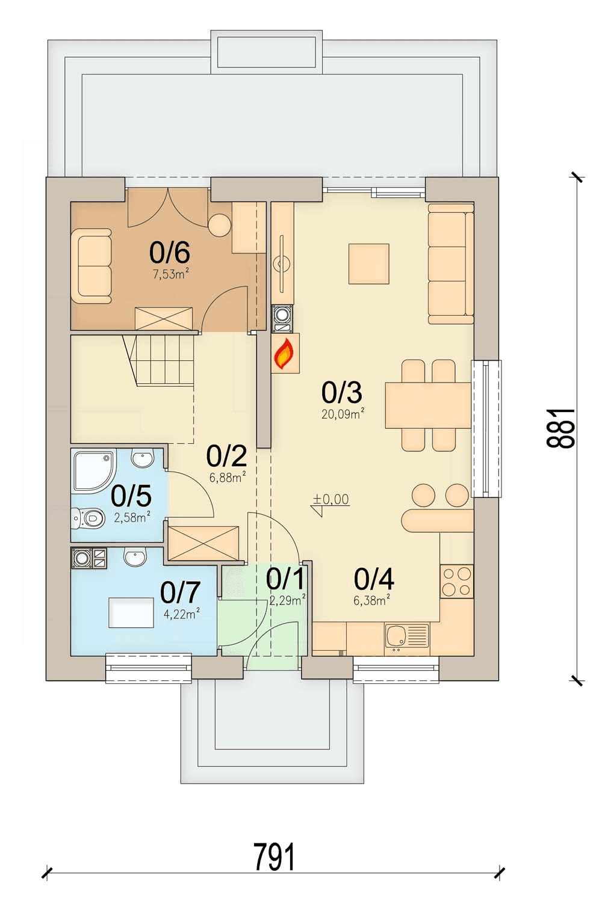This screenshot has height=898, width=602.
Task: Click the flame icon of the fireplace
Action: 284,353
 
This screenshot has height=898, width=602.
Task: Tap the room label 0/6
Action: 170,252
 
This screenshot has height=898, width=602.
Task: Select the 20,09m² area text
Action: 343,414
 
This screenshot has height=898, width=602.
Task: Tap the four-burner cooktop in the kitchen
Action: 457,581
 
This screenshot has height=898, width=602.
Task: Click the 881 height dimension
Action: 560,428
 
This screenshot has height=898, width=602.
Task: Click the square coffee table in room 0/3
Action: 369,264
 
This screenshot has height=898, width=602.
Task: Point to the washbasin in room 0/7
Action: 135,557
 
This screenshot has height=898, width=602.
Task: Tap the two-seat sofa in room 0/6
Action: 92,266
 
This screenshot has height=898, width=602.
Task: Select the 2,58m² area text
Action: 132,517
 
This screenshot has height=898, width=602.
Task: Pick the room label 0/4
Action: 374,579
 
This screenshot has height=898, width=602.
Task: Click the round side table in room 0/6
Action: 220,226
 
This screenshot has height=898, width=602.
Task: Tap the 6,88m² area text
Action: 228,477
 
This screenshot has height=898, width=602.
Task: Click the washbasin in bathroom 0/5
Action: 143,458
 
